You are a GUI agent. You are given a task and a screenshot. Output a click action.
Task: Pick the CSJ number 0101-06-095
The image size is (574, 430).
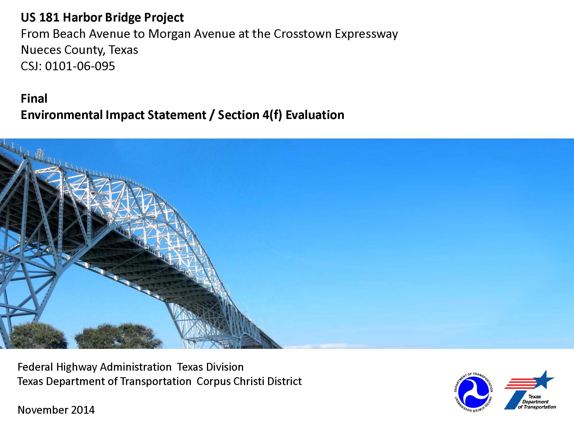80,66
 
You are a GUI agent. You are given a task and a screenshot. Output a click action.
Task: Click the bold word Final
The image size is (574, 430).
34,99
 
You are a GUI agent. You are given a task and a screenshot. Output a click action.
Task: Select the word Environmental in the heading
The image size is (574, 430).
62,115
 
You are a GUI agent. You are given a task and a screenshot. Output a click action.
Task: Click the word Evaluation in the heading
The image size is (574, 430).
315,115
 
